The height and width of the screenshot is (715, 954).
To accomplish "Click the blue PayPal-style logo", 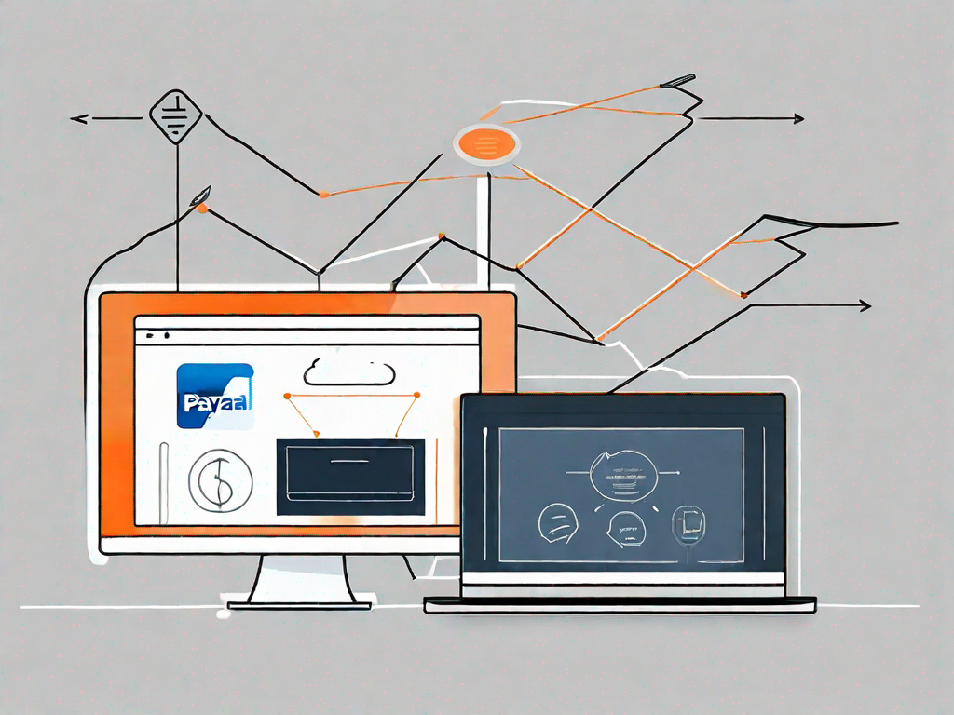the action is click(214, 396).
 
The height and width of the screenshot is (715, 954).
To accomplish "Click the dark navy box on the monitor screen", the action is click(350, 476).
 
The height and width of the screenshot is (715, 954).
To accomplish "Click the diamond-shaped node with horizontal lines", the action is click(175, 116).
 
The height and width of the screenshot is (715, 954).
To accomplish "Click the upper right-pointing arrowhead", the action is click(797, 119).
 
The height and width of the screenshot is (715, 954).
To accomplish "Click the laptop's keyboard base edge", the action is click(620, 604).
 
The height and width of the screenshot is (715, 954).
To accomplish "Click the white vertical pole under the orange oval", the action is click(482, 223).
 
